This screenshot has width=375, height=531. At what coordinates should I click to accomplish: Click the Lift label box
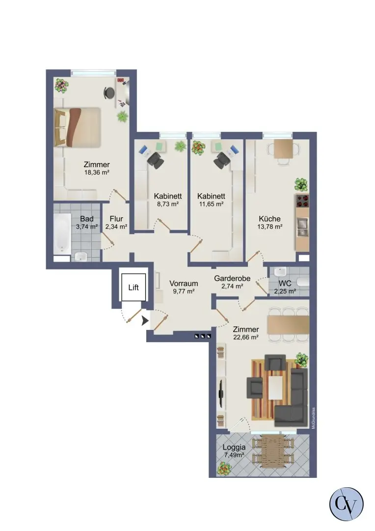pos(134,287)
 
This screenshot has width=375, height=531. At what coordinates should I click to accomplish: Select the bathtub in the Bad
pos(62,234)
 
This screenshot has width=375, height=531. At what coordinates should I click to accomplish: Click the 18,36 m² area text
pos(97,173)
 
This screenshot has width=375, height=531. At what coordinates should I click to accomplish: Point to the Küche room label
pos(269,219)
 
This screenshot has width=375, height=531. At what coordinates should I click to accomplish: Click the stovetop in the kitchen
pos(302,201)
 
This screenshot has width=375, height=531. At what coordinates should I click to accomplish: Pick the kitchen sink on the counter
pos(302,227)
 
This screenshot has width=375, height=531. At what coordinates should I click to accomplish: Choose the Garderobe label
pos(232,278)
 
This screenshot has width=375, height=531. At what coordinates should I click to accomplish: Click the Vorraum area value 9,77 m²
pos(184,291)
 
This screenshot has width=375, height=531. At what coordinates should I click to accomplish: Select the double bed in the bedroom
pos(78,127)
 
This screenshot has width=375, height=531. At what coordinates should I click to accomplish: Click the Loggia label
pos(234,447)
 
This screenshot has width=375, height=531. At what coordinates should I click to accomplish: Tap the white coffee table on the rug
pos(275,387)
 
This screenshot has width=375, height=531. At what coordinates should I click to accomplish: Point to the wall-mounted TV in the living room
pos(221,393)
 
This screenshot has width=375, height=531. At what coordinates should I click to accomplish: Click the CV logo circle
pos(346,504)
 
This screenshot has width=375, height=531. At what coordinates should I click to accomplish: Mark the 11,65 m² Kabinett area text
pos(212,204)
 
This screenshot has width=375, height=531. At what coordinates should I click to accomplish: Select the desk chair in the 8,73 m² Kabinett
pos(156,160)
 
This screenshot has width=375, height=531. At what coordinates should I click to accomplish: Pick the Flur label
pos(116,219)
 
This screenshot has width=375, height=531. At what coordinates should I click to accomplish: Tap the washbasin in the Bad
pos(81,257)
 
